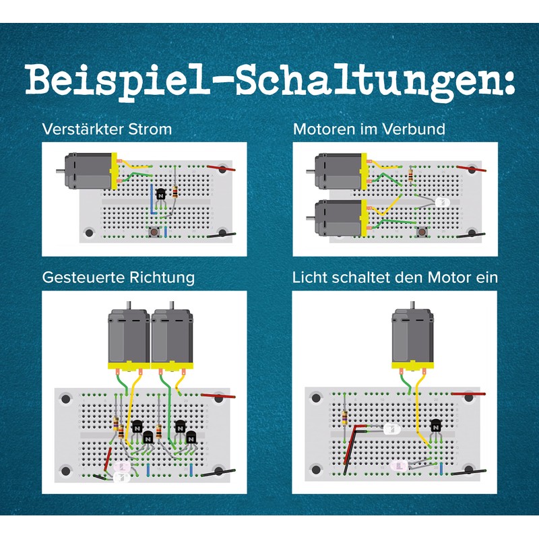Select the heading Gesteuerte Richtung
(x=119, y=277)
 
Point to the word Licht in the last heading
(x=311, y=277)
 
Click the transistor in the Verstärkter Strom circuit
(x=160, y=194)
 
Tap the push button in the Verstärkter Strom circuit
(x=154, y=233)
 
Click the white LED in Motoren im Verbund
(x=441, y=202)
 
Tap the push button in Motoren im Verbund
(x=423, y=232)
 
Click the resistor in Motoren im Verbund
(x=412, y=177)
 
